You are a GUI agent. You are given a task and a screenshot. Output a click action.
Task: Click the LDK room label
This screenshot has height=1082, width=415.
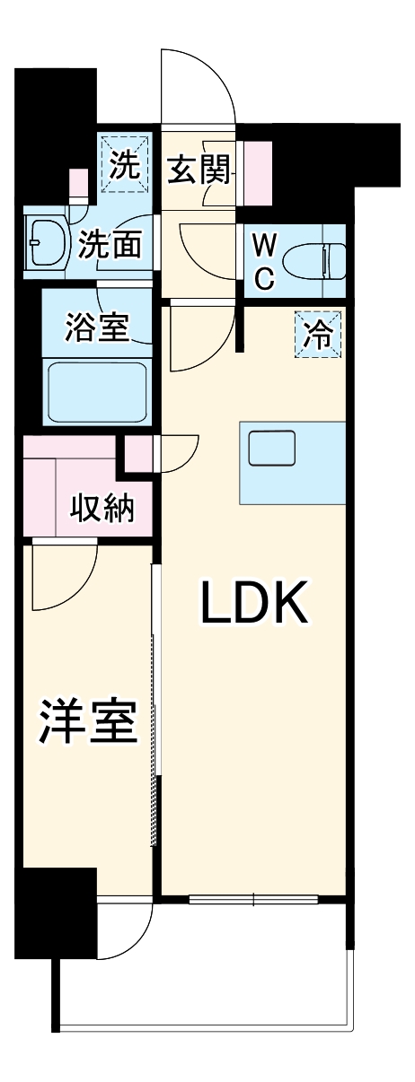[x=254, y=606]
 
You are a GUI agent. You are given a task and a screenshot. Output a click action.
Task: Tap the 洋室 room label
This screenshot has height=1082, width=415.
[x=87, y=722]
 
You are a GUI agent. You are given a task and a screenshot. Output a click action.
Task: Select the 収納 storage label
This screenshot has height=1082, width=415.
[x=102, y=509]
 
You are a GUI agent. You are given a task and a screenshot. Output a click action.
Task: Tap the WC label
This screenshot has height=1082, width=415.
[x=263, y=261]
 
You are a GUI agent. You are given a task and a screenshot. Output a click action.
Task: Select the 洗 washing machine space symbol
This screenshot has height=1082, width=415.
[x=125, y=164]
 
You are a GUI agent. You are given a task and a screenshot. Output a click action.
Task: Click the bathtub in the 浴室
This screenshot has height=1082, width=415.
[x=97, y=391]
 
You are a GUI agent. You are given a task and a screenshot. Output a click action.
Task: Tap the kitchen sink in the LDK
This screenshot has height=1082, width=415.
[x=272, y=447]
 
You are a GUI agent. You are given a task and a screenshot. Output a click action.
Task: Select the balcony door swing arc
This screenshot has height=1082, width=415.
[x=126, y=933]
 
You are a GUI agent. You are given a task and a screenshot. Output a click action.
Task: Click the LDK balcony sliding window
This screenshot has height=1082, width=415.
[x=253, y=899]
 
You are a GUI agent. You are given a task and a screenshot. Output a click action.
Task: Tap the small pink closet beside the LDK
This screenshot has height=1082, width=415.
[x=138, y=453]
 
